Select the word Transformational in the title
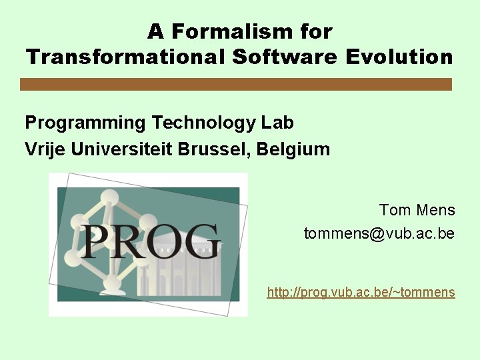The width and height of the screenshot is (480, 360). pyautogui.click(x=127, y=57)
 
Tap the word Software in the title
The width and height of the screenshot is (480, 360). pyautogui.click(x=285, y=57)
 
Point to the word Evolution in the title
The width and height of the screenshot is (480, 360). pyautogui.click(x=399, y=57)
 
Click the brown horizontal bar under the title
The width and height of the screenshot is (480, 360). pyautogui.click(x=236, y=84)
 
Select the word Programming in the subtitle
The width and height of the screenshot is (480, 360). pyautogui.click(x=85, y=123)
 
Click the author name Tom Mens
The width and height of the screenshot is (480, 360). pyautogui.click(x=417, y=211)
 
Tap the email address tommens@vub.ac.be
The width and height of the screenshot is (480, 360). pyautogui.click(x=379, y=234)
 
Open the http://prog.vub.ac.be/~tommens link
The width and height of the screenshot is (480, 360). pyautogui.click(x=361, y=292)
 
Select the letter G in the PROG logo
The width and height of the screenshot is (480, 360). pyautogui.click(x=199, y=241)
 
